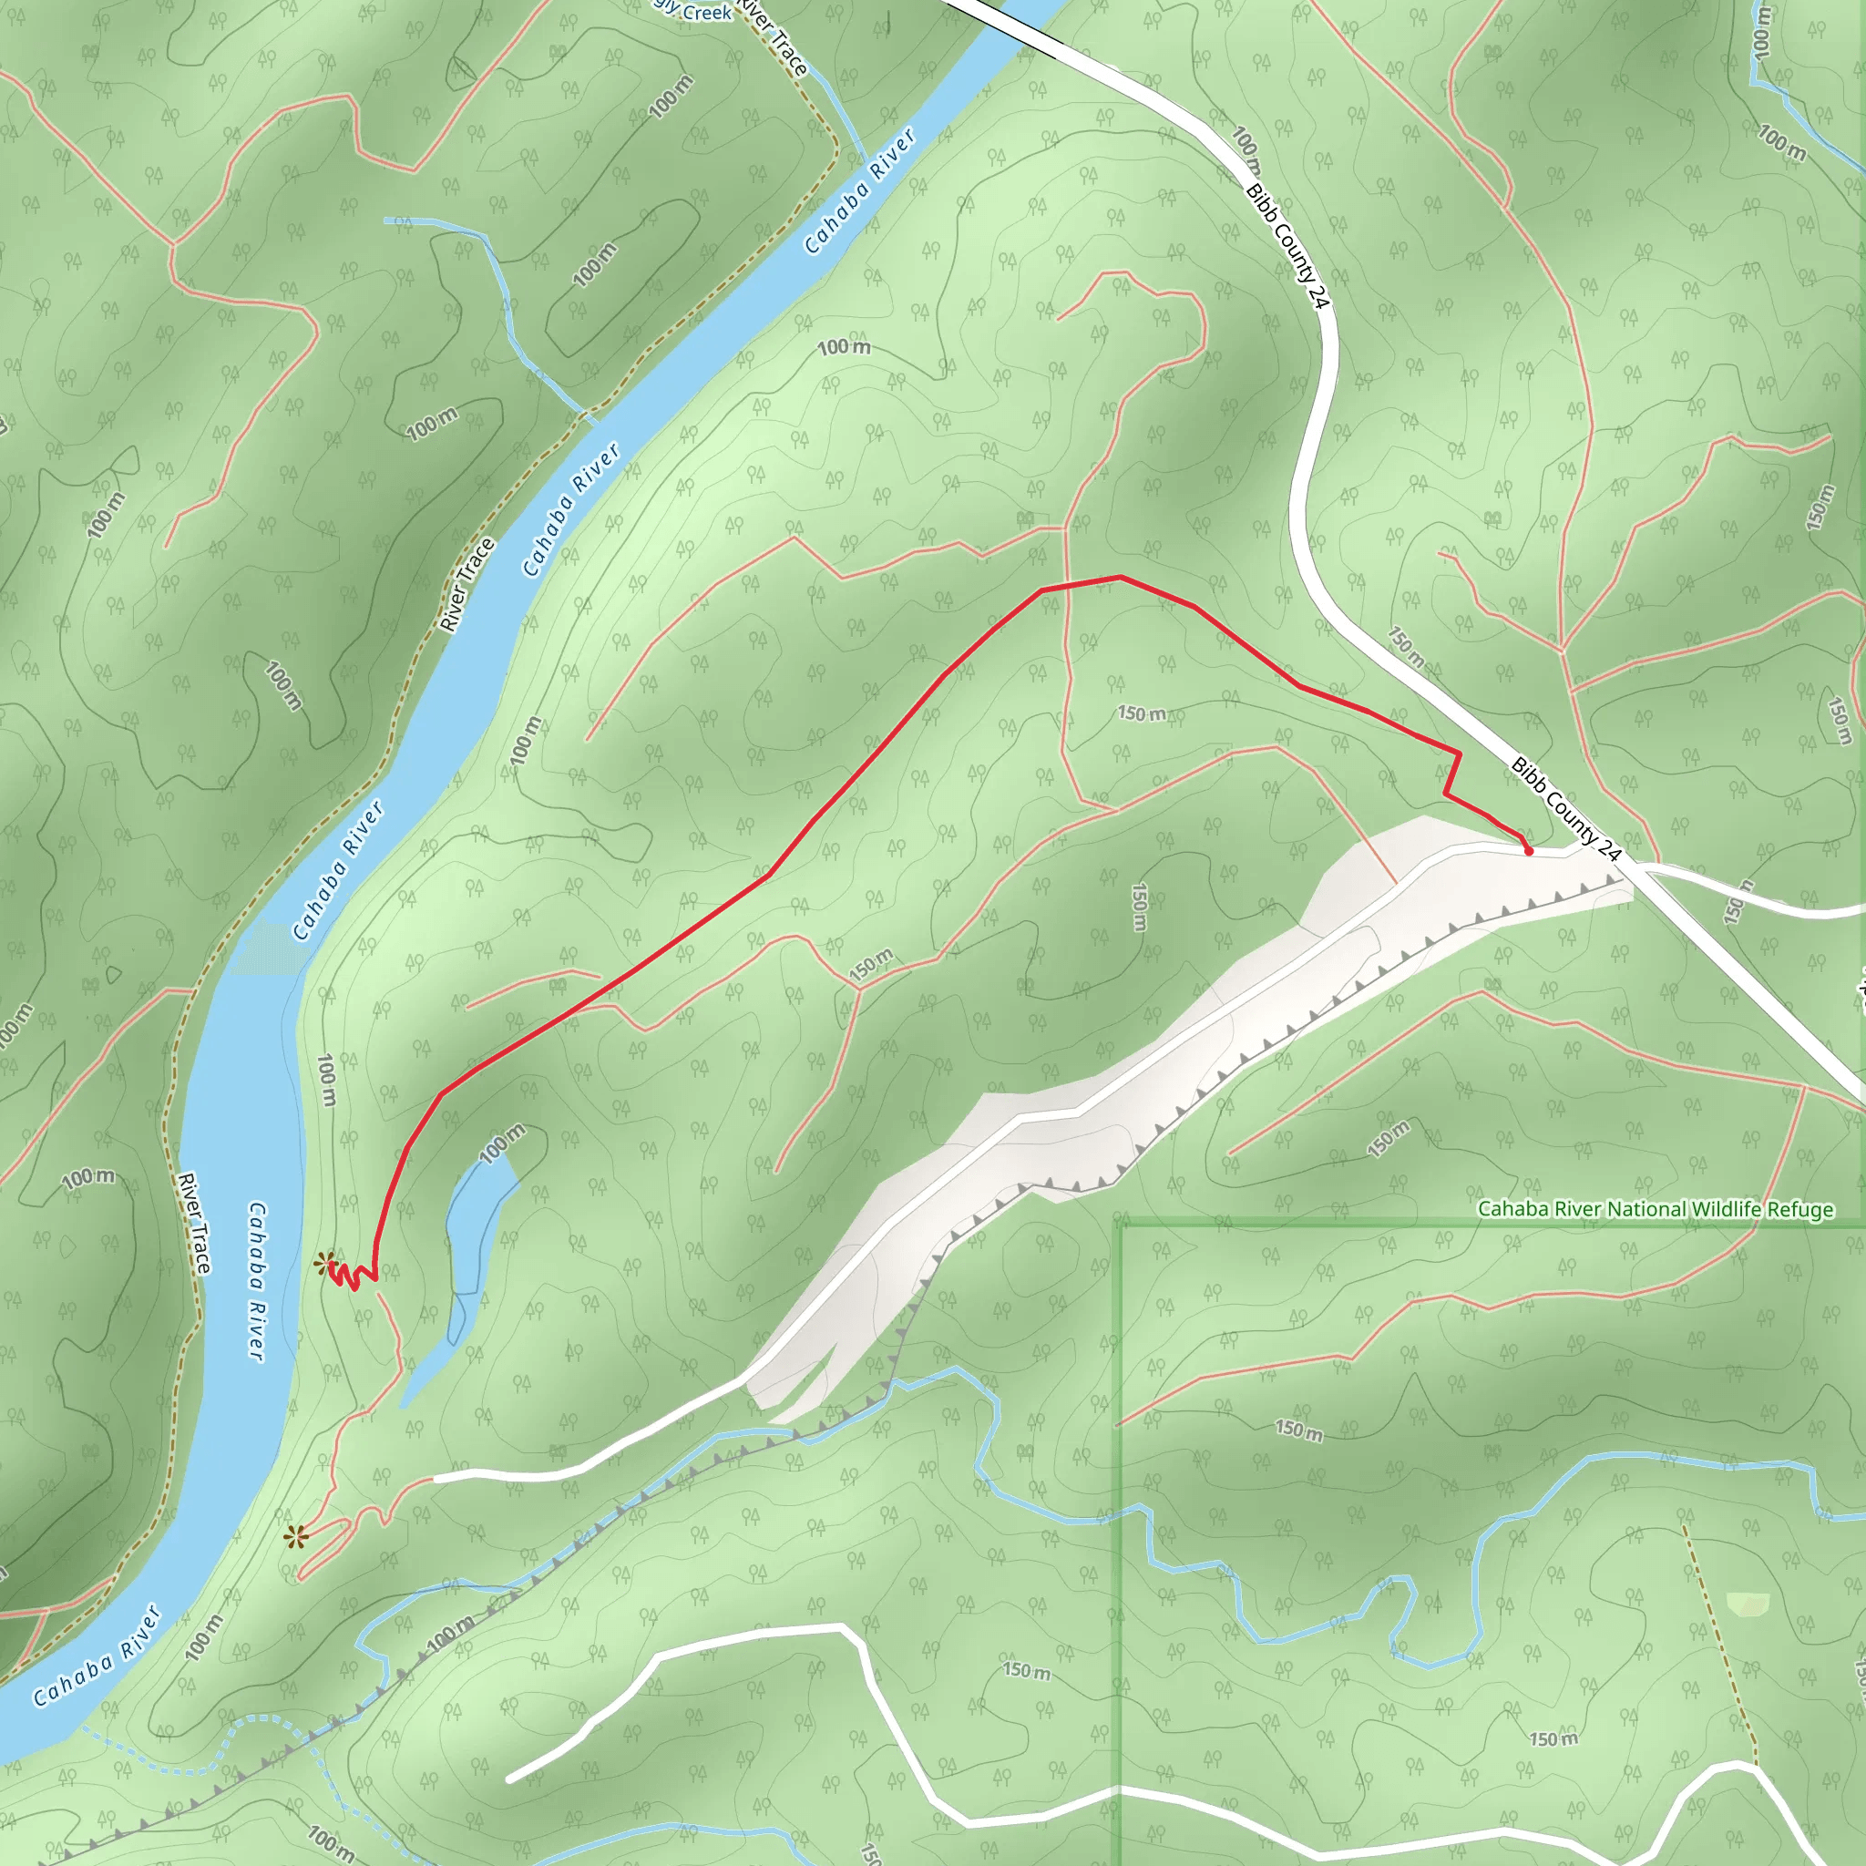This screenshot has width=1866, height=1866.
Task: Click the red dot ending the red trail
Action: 1528,851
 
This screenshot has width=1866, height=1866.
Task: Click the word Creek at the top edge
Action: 708,13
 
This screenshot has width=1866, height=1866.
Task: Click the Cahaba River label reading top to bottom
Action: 256,1281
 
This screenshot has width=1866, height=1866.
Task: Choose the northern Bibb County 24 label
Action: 1287,245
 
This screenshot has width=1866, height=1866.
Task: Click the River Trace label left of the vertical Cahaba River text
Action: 193,1223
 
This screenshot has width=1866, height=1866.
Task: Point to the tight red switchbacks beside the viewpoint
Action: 352,1276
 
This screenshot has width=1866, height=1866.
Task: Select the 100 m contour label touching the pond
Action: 502,1143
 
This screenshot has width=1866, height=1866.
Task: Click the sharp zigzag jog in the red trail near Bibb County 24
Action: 1452,773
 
